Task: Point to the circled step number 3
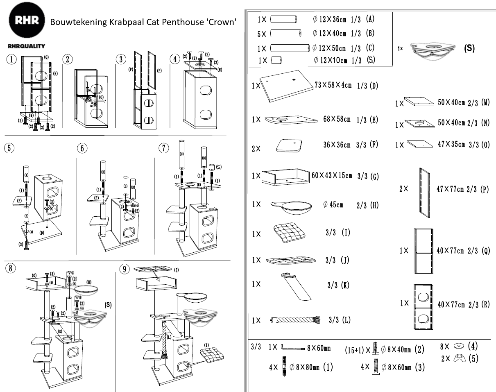pos(120,59)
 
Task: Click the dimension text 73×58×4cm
pos(333,85)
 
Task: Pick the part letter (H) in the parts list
pos(373,206)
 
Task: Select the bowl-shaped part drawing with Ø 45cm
pos(289,207)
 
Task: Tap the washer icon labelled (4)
pos(458,347)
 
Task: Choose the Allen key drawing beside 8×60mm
pos(293,348)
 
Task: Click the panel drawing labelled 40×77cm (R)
pos(423,306)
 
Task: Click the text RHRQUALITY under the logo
pos(27,46)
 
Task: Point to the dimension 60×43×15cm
pos(331,176)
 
